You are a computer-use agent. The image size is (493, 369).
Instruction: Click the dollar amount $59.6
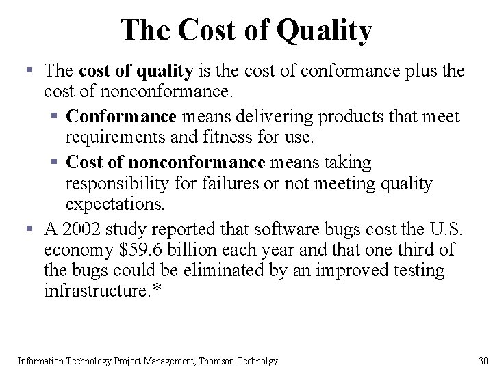(142, 249)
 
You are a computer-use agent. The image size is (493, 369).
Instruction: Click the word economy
(74, 249)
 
